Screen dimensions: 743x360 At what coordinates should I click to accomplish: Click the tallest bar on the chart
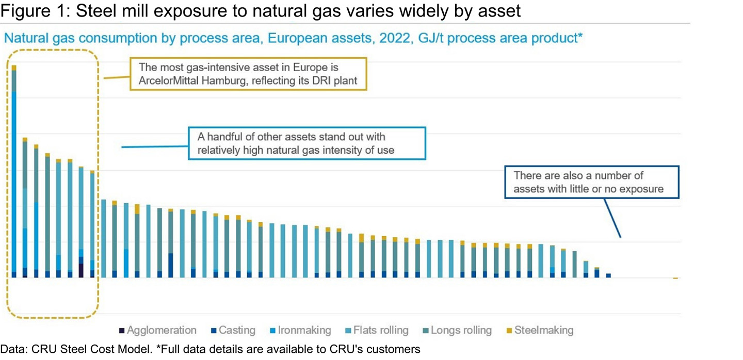14,171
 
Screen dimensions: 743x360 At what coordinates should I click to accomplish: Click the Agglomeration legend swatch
122,331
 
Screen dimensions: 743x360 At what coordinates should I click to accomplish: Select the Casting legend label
237,330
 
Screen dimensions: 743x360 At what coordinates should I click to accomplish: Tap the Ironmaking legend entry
300,330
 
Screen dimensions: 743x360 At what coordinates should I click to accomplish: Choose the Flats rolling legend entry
377,330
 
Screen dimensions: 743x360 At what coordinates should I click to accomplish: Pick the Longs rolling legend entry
457,330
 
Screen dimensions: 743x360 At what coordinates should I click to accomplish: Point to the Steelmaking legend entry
540,330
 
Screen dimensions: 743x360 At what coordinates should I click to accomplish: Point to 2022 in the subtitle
395,38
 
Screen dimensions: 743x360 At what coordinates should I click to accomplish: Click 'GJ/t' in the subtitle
430,39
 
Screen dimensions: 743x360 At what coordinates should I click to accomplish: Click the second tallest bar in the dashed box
25,207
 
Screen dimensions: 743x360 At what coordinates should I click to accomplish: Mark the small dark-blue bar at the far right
608,275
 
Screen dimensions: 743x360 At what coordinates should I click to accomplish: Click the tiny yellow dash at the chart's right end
676,278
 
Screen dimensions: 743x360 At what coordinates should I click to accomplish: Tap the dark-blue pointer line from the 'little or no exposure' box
612,218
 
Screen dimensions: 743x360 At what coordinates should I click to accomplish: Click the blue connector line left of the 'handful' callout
155,146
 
